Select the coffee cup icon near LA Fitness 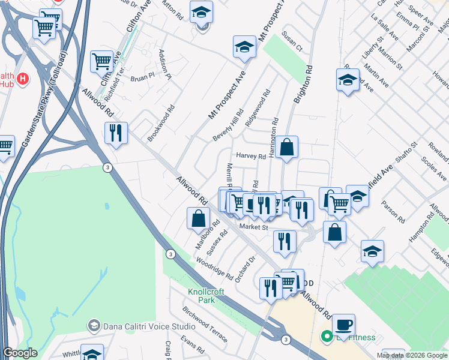(x=343, y=325)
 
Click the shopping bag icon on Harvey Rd (x=287, y=147)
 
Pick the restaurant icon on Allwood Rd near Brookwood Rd (x=115, y=133)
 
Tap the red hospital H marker (x=23, y=79)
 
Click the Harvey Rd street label (x=250, y=156)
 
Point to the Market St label (x=252, y=227)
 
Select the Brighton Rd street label (x=304, y=87)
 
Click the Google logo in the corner (x=20, y=353)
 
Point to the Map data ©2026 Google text (x=412, y=355)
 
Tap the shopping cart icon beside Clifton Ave (x=101, y=61)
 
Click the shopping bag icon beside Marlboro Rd (x=198, y=219)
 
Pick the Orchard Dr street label (x=246, y=269)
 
